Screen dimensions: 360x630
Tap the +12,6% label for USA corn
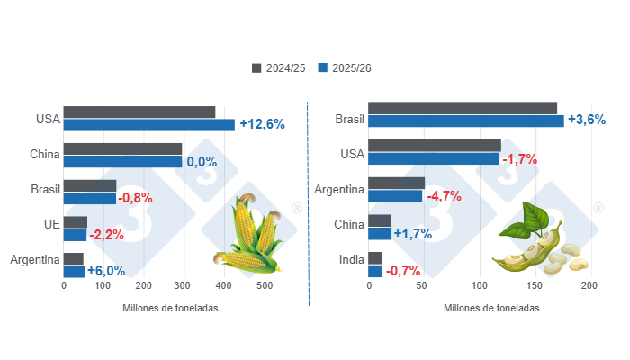(x=262, y=124)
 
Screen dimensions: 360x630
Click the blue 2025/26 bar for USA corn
(x=148, y=125)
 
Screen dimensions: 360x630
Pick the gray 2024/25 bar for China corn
(x=122, y=148)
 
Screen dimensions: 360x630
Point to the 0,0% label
(x=202, y=162)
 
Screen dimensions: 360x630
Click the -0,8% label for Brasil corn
(x=135, y=198)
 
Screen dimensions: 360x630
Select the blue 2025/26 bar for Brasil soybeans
(x=466, y=121)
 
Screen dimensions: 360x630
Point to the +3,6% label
(x=587, y=121)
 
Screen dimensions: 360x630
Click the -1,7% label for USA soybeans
(x=519, y=158)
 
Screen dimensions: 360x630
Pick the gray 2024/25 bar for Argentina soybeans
(x=396, y=184)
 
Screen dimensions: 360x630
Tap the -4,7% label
(x=444, y=196)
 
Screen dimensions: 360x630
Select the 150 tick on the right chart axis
(x=534, y=286)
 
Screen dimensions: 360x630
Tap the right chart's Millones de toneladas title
(x=491, y=308)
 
